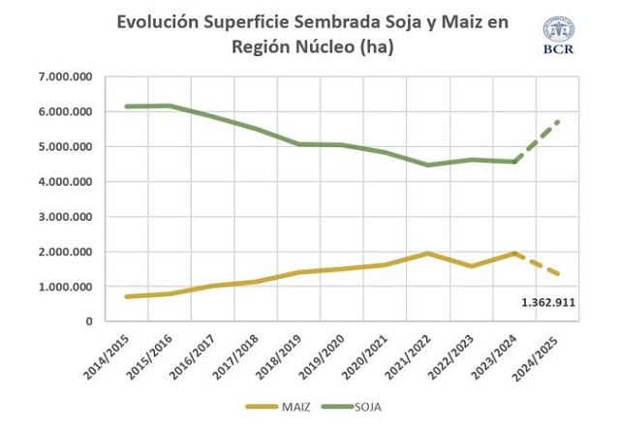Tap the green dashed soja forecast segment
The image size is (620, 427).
(538, 140)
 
